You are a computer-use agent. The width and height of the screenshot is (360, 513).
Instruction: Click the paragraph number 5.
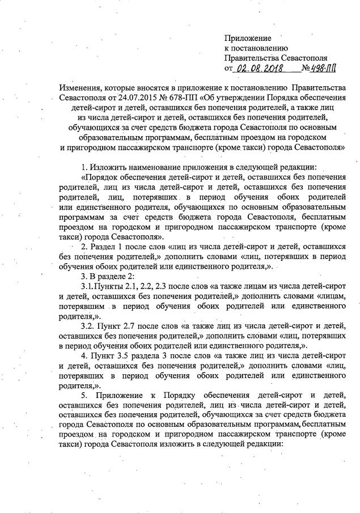84,395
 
